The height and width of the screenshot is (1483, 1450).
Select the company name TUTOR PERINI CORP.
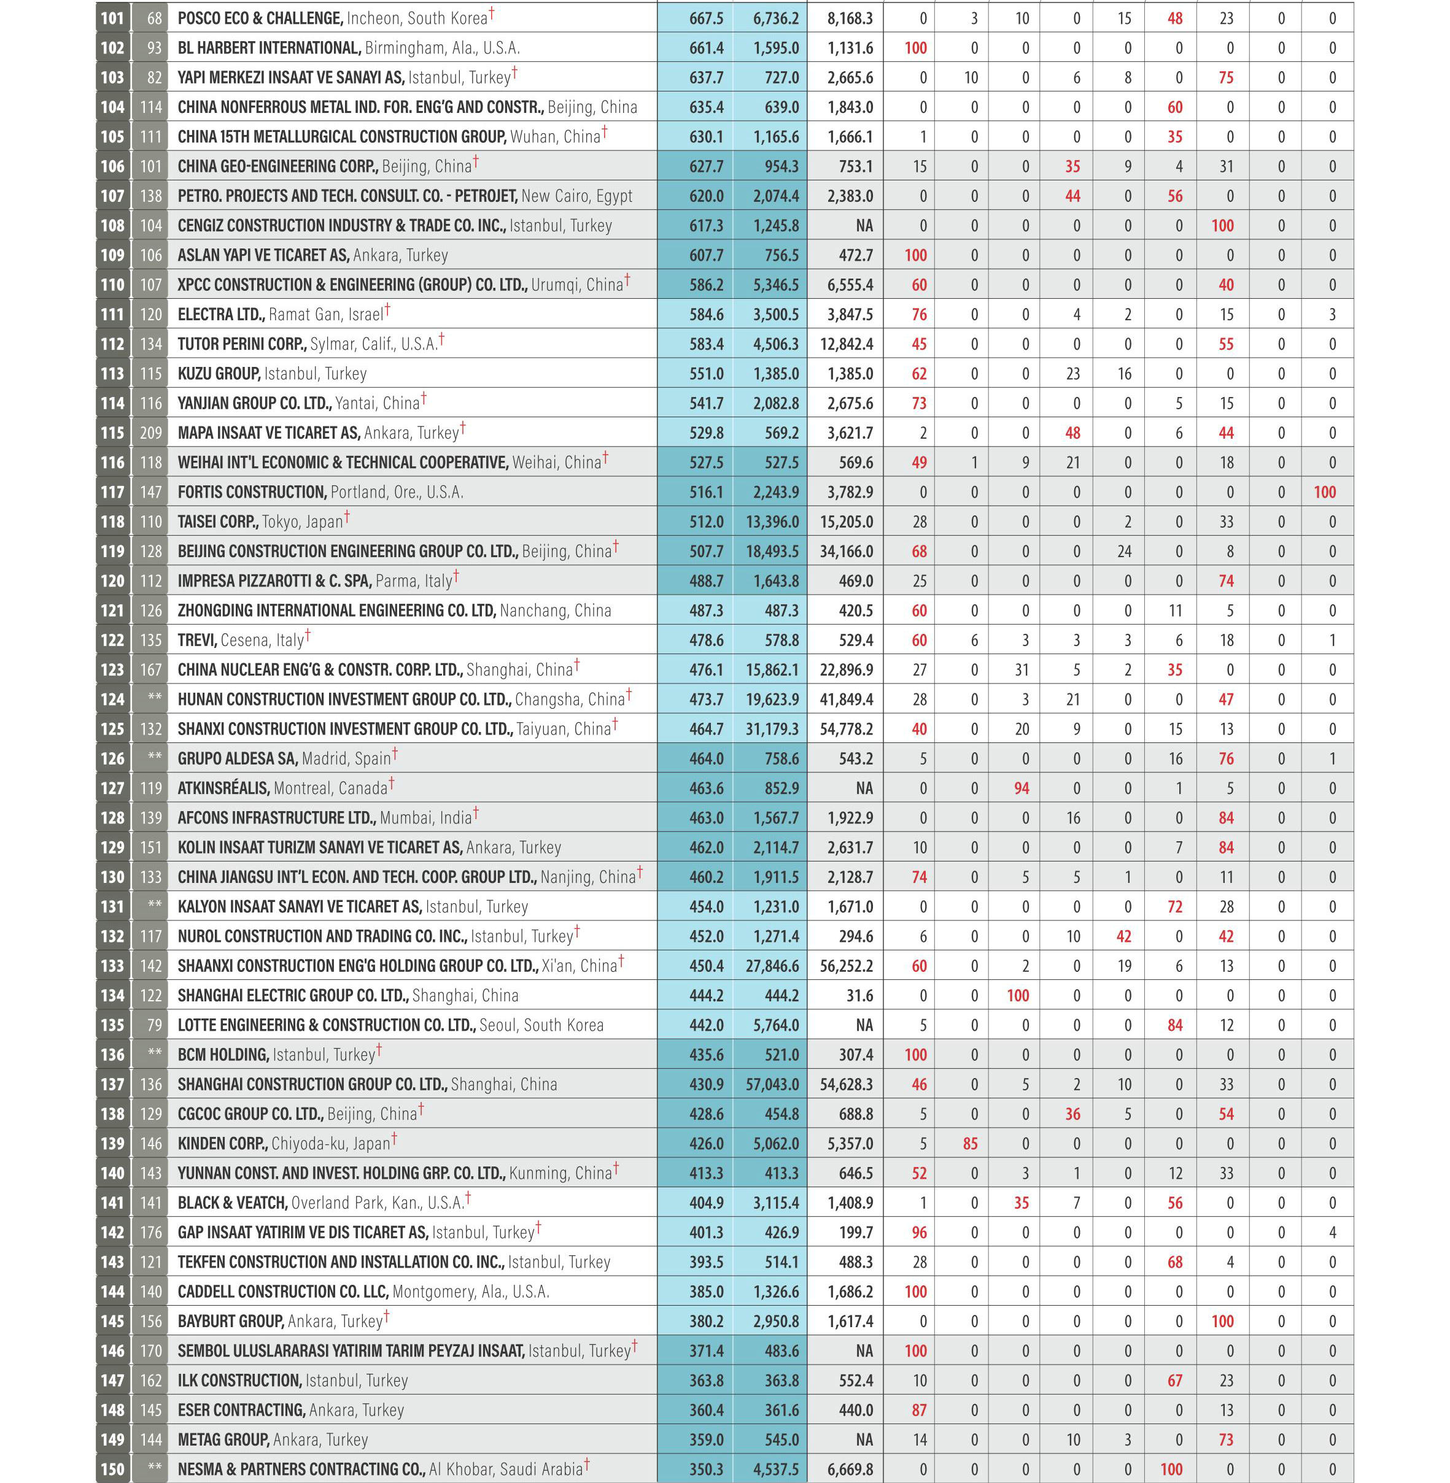241,344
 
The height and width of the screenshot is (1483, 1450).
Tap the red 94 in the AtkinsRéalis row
1022,788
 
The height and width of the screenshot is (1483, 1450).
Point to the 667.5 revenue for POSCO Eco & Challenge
706,18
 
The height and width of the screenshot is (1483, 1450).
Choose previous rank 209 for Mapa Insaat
151,433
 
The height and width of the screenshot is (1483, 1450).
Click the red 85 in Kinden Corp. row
970,1144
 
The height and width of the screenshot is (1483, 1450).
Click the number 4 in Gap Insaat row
1332,1233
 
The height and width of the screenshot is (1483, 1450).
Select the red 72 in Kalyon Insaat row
1174,907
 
